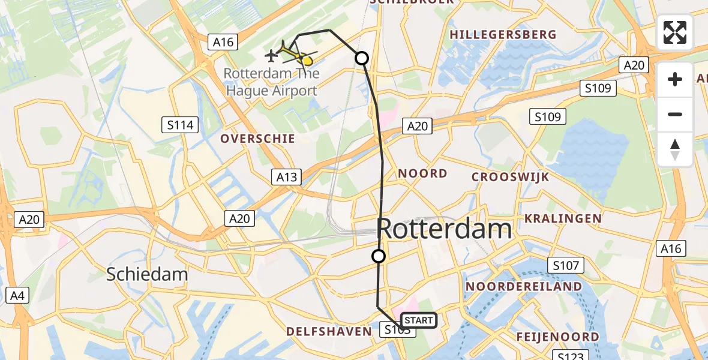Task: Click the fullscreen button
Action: pos(675,32)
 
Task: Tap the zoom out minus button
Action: pos(675,114)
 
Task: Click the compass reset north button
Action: pos(675,149)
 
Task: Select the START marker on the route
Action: pos(418,320)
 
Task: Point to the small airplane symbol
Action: pos(271,56)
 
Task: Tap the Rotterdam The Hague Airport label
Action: pos(271,83)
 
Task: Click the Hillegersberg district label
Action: pos(503,35)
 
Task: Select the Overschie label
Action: pos(257,139)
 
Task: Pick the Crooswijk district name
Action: pos(502,176)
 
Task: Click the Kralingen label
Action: pos(563,218)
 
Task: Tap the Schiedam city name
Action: pos(147,274)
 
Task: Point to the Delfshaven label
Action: pos(329,332)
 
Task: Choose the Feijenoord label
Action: pos(558,337)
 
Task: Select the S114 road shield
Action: pos(181,125)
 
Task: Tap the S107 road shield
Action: pos(566,265)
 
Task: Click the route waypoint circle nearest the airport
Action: pos(362,58)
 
